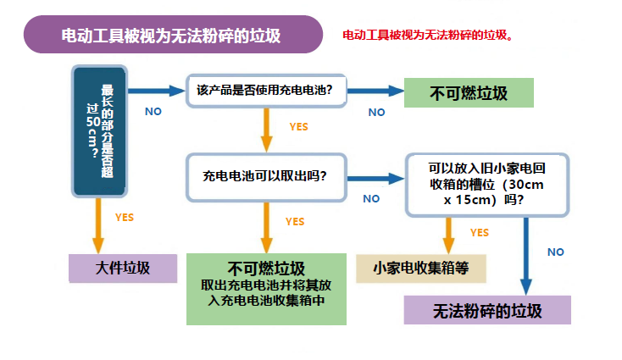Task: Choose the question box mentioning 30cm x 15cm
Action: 486,183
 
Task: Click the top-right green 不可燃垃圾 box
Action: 469,91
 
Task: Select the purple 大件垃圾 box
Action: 123,268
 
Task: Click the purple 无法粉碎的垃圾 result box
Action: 487,310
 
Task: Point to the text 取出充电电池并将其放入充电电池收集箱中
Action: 267,293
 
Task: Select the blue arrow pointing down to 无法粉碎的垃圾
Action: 527,254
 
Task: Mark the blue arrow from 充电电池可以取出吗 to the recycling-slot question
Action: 374,179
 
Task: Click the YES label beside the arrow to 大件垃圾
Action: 124,218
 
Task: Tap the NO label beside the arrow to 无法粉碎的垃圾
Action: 556,252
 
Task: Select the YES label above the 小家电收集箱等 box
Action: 480,232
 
